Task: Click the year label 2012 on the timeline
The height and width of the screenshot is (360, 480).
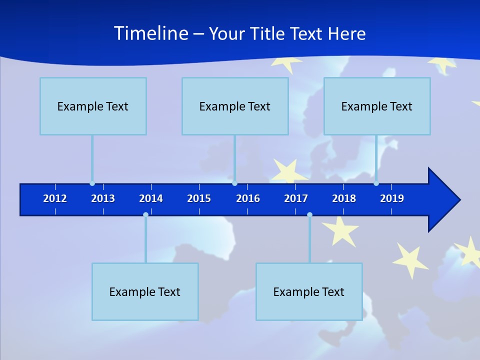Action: [x=55, y=198]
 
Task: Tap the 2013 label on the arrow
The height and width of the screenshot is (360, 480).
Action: [x=103, y=198]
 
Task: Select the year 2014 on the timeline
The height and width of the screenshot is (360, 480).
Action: [x=151, y=198]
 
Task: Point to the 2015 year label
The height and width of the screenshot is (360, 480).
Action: [x=199, y=198]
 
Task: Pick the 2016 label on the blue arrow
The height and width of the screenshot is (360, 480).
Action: [x=248, y=198]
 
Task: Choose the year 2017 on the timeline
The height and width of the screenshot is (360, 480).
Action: [x=296, y=198]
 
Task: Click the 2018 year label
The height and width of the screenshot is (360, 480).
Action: [x=344, y=198]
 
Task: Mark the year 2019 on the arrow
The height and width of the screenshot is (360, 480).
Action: [x=392, y=198]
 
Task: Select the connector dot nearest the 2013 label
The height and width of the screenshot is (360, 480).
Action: [x=92, y=183]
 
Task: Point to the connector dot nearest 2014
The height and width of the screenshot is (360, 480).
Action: [x=145, y=215]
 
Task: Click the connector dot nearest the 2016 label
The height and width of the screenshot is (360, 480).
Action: [x=234, y=183]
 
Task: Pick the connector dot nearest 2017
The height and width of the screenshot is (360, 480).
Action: [x=309, y=215]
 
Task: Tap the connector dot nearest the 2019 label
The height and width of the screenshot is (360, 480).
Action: [x=376, y=183]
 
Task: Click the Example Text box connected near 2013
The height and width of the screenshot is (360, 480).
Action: [x=93, y=106]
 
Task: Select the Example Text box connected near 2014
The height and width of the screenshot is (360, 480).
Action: [x=145, y=291]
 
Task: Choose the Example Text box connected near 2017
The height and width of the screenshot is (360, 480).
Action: [x=309, y=291]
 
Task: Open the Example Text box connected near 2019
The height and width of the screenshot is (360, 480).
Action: [x=377, y=106]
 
